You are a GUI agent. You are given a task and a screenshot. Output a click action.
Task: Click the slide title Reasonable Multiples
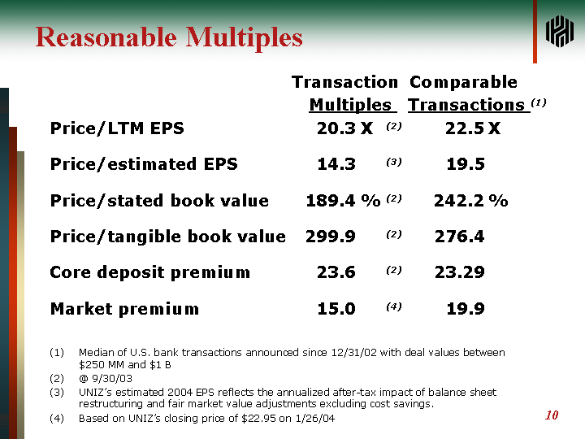[169, 38]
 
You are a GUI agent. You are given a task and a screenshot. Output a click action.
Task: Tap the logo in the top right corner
[559, 32]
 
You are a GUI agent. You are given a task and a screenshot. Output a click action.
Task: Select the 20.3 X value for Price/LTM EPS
[344, 128]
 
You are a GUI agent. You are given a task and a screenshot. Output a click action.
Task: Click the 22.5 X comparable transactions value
[473, 128]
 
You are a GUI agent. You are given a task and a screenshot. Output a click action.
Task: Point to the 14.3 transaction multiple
[336, 164]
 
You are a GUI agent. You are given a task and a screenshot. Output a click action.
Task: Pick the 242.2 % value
[470, 201]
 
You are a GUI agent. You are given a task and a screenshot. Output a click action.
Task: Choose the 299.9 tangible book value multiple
[331, 237]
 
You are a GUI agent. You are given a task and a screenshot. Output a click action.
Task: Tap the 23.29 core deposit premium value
[460, 272]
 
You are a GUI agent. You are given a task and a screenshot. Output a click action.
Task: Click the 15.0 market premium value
[336, 309]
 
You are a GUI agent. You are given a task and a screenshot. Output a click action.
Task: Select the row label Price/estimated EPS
[144, 164]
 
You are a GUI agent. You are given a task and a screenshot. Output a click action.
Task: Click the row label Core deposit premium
[150, 272]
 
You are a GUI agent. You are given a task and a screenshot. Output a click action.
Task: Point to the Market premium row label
[124, 309]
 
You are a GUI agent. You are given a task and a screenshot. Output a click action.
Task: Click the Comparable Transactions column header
[469, 93]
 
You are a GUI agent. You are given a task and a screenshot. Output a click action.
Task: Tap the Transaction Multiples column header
[345, 93]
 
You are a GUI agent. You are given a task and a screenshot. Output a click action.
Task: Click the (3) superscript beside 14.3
[394, 162]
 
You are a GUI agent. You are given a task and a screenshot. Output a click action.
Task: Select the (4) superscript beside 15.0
[394, 306]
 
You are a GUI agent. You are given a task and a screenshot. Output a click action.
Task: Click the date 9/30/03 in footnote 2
[112, 379]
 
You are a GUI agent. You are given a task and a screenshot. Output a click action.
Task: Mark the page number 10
[552, 415]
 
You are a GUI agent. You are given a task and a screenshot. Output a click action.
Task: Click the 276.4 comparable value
[460, 237]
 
